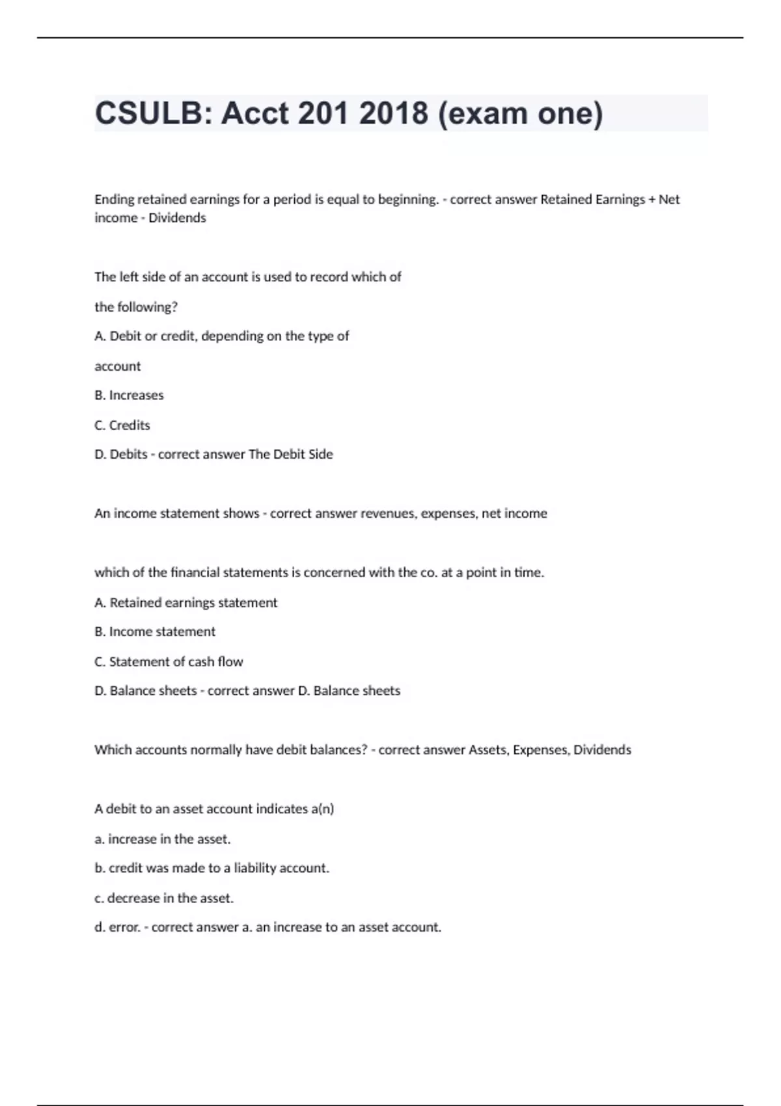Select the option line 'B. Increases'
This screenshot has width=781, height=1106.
point(129,395)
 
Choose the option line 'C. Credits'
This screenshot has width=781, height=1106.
point(122,425)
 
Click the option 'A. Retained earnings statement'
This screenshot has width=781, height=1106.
point(185,602)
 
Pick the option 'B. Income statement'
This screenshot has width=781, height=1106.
point(155,632)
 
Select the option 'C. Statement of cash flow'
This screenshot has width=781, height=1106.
point(169,662)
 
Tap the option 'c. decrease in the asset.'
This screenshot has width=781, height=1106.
point(164,898)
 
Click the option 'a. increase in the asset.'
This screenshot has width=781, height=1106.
point(163,839)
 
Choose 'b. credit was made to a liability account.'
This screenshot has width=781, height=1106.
point(212,868)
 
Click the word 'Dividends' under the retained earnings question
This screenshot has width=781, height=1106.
point(177,218)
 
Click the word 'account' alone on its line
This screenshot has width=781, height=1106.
point(118,366)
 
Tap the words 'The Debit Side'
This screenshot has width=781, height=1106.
point(290,454)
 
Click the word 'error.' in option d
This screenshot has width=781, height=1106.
point(125,927)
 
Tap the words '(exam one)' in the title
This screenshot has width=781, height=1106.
point(521,113)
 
